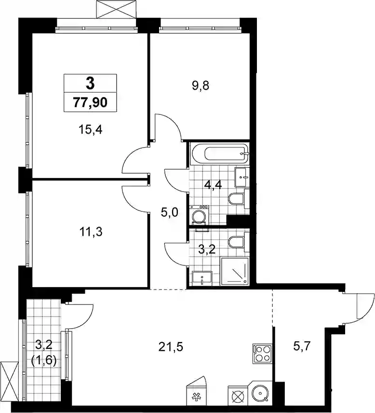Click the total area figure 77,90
(x=90, y=102)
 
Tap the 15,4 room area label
(x=90, y=130)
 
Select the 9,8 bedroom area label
(x=201, y=86)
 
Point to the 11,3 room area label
(x=91, y=232)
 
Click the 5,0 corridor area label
(x=170, y=212)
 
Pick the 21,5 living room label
(x=171, y=347)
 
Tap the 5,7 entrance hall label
(x=302, y=346)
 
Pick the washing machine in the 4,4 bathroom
(x=199, y=215)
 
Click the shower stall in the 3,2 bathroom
(x=235, y=271)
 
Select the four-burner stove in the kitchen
(x=262, y=354)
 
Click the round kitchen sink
(x=260, y=394)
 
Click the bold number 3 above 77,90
(x=90, y=84)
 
